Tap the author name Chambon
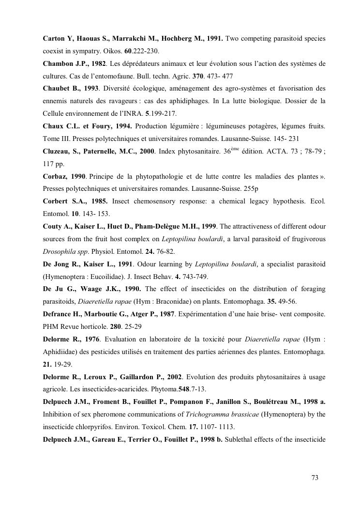(60, 63)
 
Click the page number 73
(315, 479)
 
